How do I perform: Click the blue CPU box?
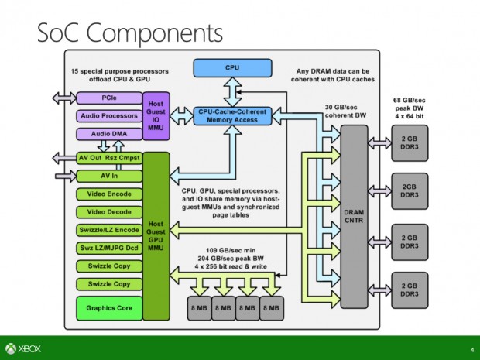[232, 68]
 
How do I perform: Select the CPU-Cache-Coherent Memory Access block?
[232, 116]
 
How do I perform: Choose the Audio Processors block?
[108, 116]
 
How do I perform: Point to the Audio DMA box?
[108, 132]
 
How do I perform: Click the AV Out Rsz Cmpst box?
[108, 159]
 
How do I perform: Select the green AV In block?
[108, 176]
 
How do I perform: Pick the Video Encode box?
[108, 194]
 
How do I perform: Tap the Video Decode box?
[108, 211]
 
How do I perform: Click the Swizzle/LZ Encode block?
[108, 230]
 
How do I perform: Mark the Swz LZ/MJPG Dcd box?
[108, 248]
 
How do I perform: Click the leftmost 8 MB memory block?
[201, 308]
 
